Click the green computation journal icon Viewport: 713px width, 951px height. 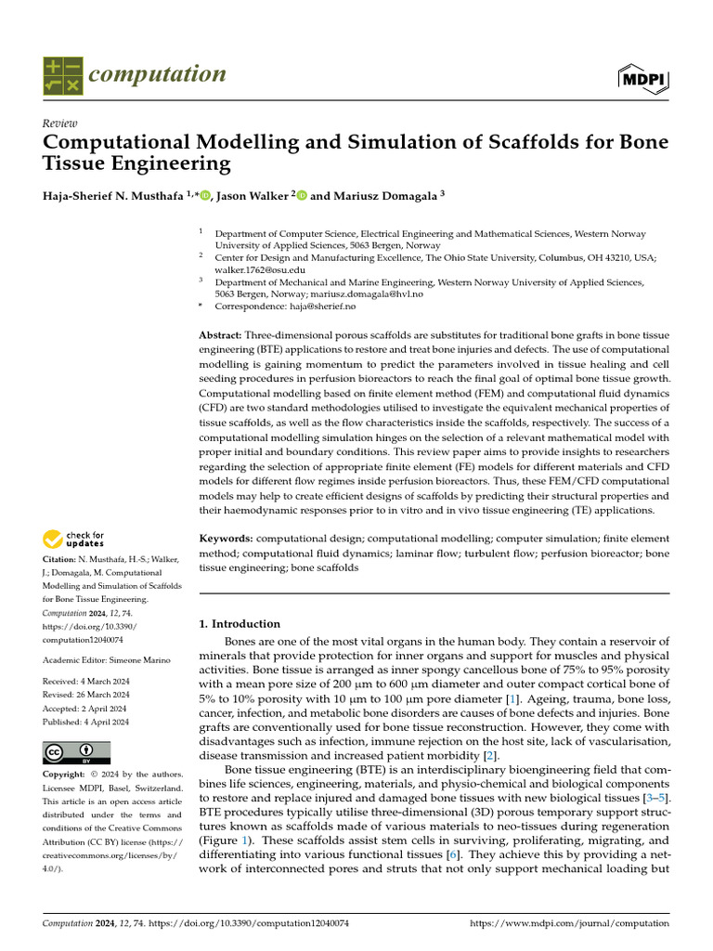click(62, 76)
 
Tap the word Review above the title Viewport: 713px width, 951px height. click(60, 124)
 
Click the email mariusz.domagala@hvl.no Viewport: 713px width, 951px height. click(370, 293)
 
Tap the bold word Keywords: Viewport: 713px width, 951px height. click(227, 539)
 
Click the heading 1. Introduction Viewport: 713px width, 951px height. click(240, 624)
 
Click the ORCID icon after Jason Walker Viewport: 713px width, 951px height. click(302, 196)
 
